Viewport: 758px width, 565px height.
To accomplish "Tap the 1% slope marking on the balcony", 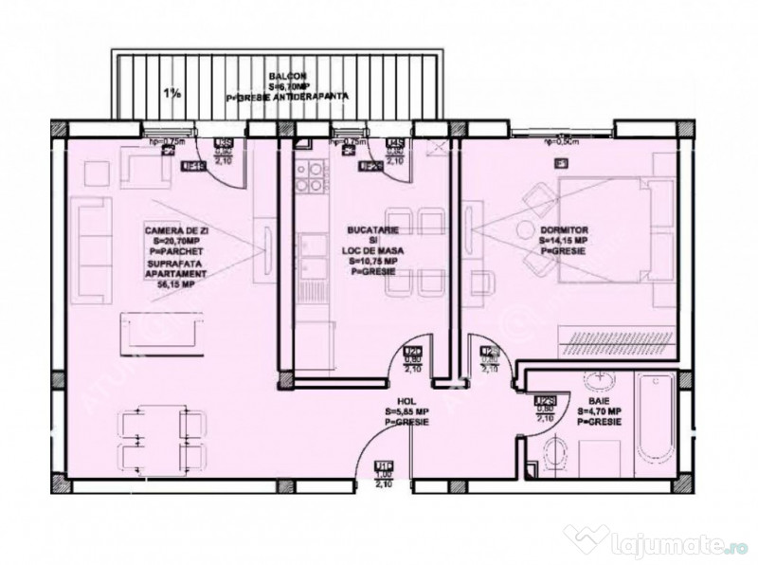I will [171, 93].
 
